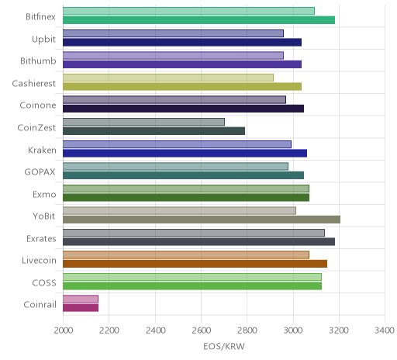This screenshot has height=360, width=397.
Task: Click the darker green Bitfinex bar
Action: pos(198,20)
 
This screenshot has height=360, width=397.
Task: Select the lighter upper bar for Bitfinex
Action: pos(188,11)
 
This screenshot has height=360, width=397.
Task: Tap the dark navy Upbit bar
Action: pos(182,42)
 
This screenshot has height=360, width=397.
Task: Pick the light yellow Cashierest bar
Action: pos(168,78)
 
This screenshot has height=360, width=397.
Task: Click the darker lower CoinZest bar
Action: pos(154,131)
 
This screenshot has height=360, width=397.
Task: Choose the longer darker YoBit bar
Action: pos(202,220)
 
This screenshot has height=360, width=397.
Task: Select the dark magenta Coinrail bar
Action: pos(81,308)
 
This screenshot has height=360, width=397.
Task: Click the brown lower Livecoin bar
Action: pos(195,264)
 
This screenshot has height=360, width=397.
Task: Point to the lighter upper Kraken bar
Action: pos(177,144)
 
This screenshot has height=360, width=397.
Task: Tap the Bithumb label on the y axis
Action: pos(38,61)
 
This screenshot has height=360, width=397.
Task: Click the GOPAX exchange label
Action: pos(40,172)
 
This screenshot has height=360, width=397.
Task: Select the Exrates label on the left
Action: pos(41,238)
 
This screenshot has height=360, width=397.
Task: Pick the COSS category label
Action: pos(44,282)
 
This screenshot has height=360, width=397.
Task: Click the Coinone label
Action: pos(38,106)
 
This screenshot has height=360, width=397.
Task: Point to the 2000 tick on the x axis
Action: pos(64,331)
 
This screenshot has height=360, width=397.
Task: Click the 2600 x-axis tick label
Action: pos(201,331)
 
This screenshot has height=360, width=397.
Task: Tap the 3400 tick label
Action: pos(385,331)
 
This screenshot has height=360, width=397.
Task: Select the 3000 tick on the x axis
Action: pos(293,331)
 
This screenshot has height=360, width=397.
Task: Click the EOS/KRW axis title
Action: pos(224,346)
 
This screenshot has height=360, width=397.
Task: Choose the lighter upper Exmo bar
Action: pos(186,189)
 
